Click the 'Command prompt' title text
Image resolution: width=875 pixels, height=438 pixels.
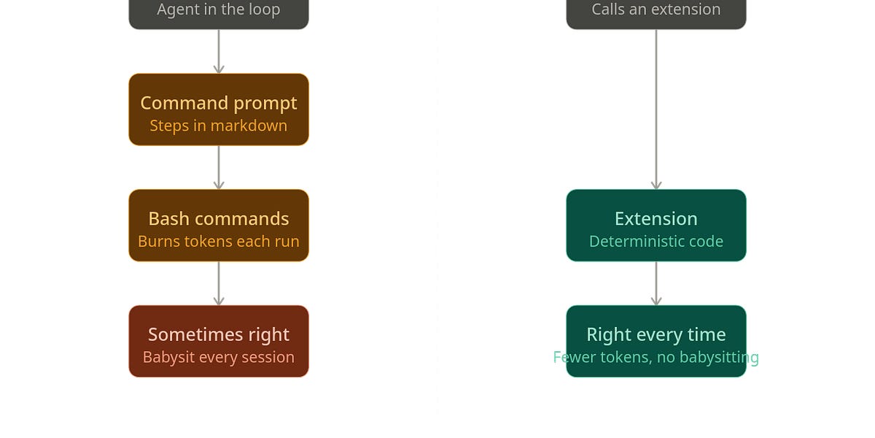(x=219, y=104)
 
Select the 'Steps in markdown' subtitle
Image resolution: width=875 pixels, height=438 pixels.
(x=219, y=126)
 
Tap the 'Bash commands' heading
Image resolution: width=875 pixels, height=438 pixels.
(x=219, y=218)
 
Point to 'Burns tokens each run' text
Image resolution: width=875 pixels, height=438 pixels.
(x=219, y=242)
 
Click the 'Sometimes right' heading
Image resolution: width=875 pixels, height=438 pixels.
(x=219, y=335)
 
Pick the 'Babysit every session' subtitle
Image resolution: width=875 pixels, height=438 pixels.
(x=219, y=358)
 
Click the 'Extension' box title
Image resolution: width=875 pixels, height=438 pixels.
(x=656, y=218)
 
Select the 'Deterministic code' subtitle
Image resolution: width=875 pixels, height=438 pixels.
(x=656, y=242)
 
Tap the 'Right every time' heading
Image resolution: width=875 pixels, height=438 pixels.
(x=656, y=335)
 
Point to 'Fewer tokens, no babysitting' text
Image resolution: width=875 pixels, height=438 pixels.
(x=656, y=358)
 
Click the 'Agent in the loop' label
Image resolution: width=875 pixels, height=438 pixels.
(x=219, y=9)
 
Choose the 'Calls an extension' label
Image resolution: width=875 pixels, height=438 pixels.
(x=656, y=9)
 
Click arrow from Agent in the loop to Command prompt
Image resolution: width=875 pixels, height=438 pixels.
(x=219, y=51)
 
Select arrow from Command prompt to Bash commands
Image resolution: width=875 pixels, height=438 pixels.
(x=219, y=167)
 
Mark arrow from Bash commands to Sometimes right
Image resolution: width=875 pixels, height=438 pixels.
(x=219, y=283)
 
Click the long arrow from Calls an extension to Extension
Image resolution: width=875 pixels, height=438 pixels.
(x=656, y=109)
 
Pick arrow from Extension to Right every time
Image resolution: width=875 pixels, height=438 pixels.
(x=656, y=283)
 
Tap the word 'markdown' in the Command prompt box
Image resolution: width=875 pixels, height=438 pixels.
(x=249, y=126)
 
